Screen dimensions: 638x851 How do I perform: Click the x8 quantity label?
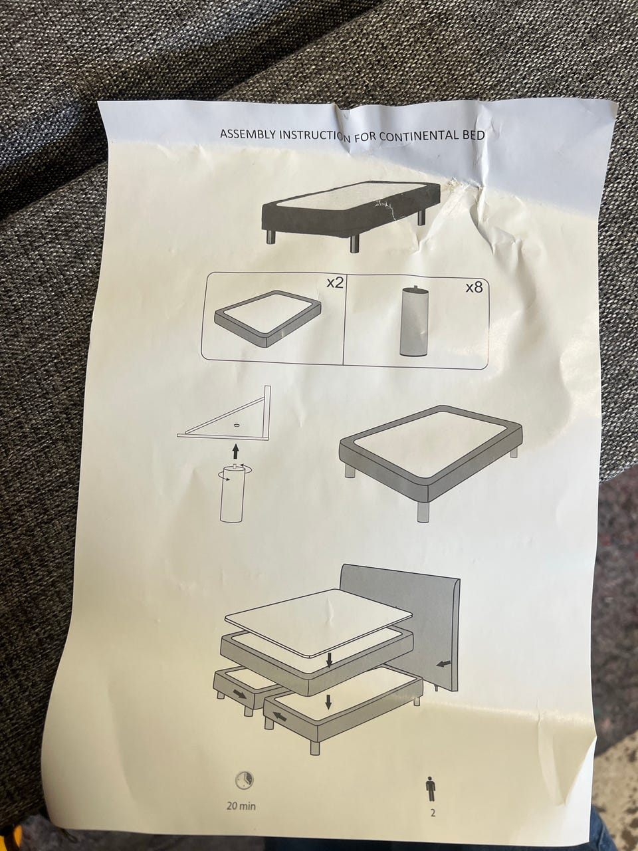click(474, 287)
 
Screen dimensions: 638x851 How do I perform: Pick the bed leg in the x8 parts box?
click(414, 321)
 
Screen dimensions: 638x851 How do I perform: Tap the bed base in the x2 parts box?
click(267, 318)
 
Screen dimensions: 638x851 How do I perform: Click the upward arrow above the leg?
click(235, 451)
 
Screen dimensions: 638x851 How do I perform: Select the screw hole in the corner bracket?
click(236, 425)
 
